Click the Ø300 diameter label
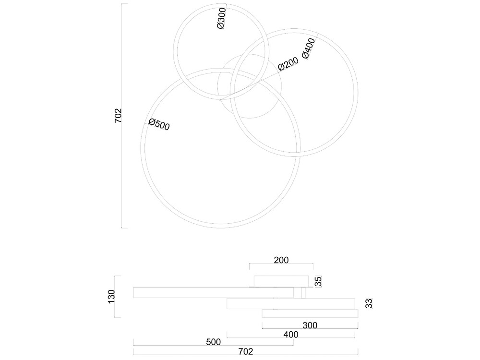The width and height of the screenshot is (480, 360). coord(221,18)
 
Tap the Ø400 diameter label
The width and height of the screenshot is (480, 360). coord(308,48)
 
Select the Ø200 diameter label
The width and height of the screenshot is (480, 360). coord(288,64)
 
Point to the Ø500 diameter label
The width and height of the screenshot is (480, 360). coord(159,124)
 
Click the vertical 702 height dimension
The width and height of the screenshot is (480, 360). coord(118,116)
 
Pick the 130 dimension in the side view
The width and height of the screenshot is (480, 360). coord(111,297)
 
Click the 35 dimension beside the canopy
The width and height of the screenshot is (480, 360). coord(318,281)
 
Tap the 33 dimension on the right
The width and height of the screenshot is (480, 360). coord(370,304)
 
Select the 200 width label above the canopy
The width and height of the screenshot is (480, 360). coord(281,260)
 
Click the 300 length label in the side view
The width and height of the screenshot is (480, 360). coord(310,325)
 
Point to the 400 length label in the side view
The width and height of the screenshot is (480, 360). coord(290,334)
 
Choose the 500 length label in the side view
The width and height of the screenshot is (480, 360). coord(214,342)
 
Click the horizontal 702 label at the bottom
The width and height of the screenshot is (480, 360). coord(246,351)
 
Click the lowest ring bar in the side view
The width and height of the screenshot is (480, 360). coord(310,313)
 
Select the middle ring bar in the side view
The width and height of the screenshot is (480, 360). coord(291,304)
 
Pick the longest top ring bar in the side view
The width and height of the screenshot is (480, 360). coord(214,292)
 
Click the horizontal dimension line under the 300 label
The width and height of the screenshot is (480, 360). coord(310,329)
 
